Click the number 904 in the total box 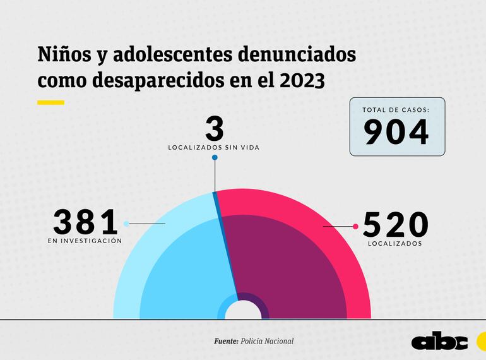pyautogui.click(x=397, y=131)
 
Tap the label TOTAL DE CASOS pyautogui.click(x=396, y=110)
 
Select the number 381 pyautogui.click(x=86, y=223)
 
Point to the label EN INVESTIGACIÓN pyautogui.click(x=85, y=241)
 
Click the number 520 pyautogui.click(x=395, y=225)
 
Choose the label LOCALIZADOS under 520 pyautogui.click(x=395, y=243)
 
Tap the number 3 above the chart pyautogui.click(x=215, y=128)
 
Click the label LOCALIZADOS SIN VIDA pyautogui.click(x=215, y=147)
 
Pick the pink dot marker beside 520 pyautogui.click(x=355, y=226)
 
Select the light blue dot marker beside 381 pyautogui.click(x=127, y=224)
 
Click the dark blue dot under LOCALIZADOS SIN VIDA pyautogui.click(x=215, y=157)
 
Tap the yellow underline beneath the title pyautogui.click(x=50, y=102)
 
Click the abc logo pyautogui.click(x=439, y=341)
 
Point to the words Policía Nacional pyautogui.click(x=267, y=341)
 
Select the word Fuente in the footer pyautogui.click(x=225, y=341)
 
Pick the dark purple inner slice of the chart pyautogui.click(x=290, y=265)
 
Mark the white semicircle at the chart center pyautogui.click(x=243, y=311)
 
